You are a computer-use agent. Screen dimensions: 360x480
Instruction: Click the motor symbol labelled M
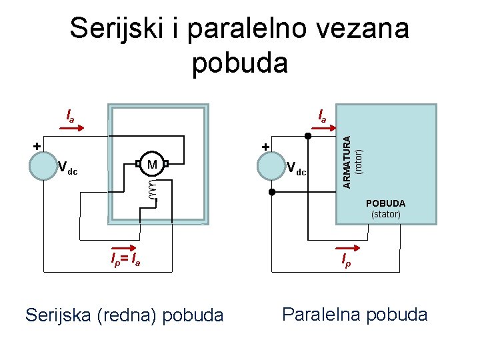pyautogui.click(x=152, y=164)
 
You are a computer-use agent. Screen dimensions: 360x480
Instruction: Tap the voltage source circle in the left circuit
pyautogui.click(x=43, y=166)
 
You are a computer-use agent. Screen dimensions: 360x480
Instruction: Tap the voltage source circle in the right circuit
pyautogui.click(x=271, y=166)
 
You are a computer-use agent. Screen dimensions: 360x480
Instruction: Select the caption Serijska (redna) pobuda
pyautogui.click(x=124, y=315)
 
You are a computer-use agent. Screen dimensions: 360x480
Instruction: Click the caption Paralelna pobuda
pyautogui.click(x=355, y=314)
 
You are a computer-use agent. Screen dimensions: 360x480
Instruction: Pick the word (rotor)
pyautogui.click(x=359, y=161)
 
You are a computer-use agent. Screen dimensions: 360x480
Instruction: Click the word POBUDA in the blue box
pyautogui.click(x=385, y=203)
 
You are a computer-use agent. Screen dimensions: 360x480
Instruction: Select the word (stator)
pyautogui.click(x=385, y=215)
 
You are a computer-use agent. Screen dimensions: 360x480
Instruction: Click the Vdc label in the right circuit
pyautogui.click(x=296, y=169)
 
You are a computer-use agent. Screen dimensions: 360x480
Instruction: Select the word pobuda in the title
pyautogui.click(x=240, y=63)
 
